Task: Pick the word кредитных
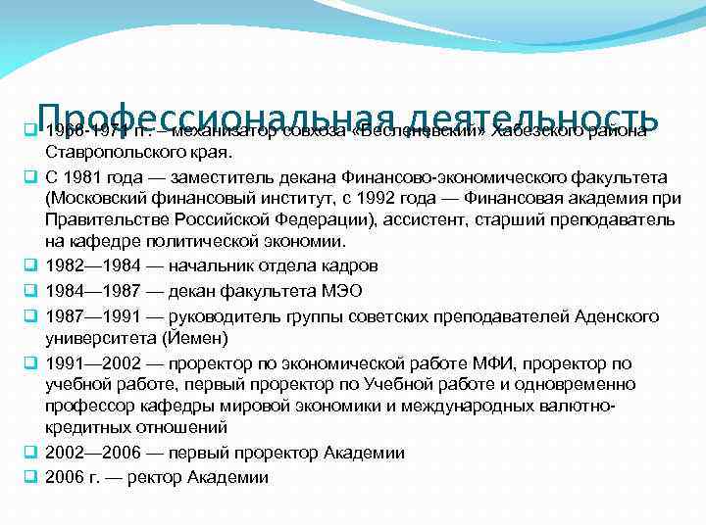click(83, 428)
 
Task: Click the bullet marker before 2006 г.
click(30, 477)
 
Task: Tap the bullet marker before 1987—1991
click(30, 316)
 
